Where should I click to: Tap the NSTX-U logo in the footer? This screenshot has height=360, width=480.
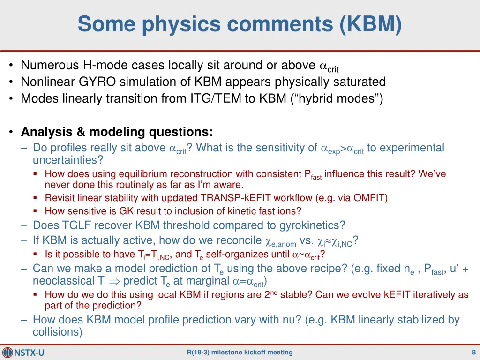[x=23, y=352]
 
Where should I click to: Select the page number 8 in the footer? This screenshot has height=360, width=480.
[x=474, y=352]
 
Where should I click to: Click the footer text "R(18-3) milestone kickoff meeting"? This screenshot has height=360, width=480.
[x=240, y=352]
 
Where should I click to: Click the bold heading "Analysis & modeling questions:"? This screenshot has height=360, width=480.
[x=117, y=132]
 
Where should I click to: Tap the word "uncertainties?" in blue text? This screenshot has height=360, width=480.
[x=67, y=160]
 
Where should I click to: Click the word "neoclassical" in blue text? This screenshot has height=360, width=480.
[x=62, y=281]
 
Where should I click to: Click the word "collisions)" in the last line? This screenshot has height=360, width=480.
[x=57, y=332]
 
